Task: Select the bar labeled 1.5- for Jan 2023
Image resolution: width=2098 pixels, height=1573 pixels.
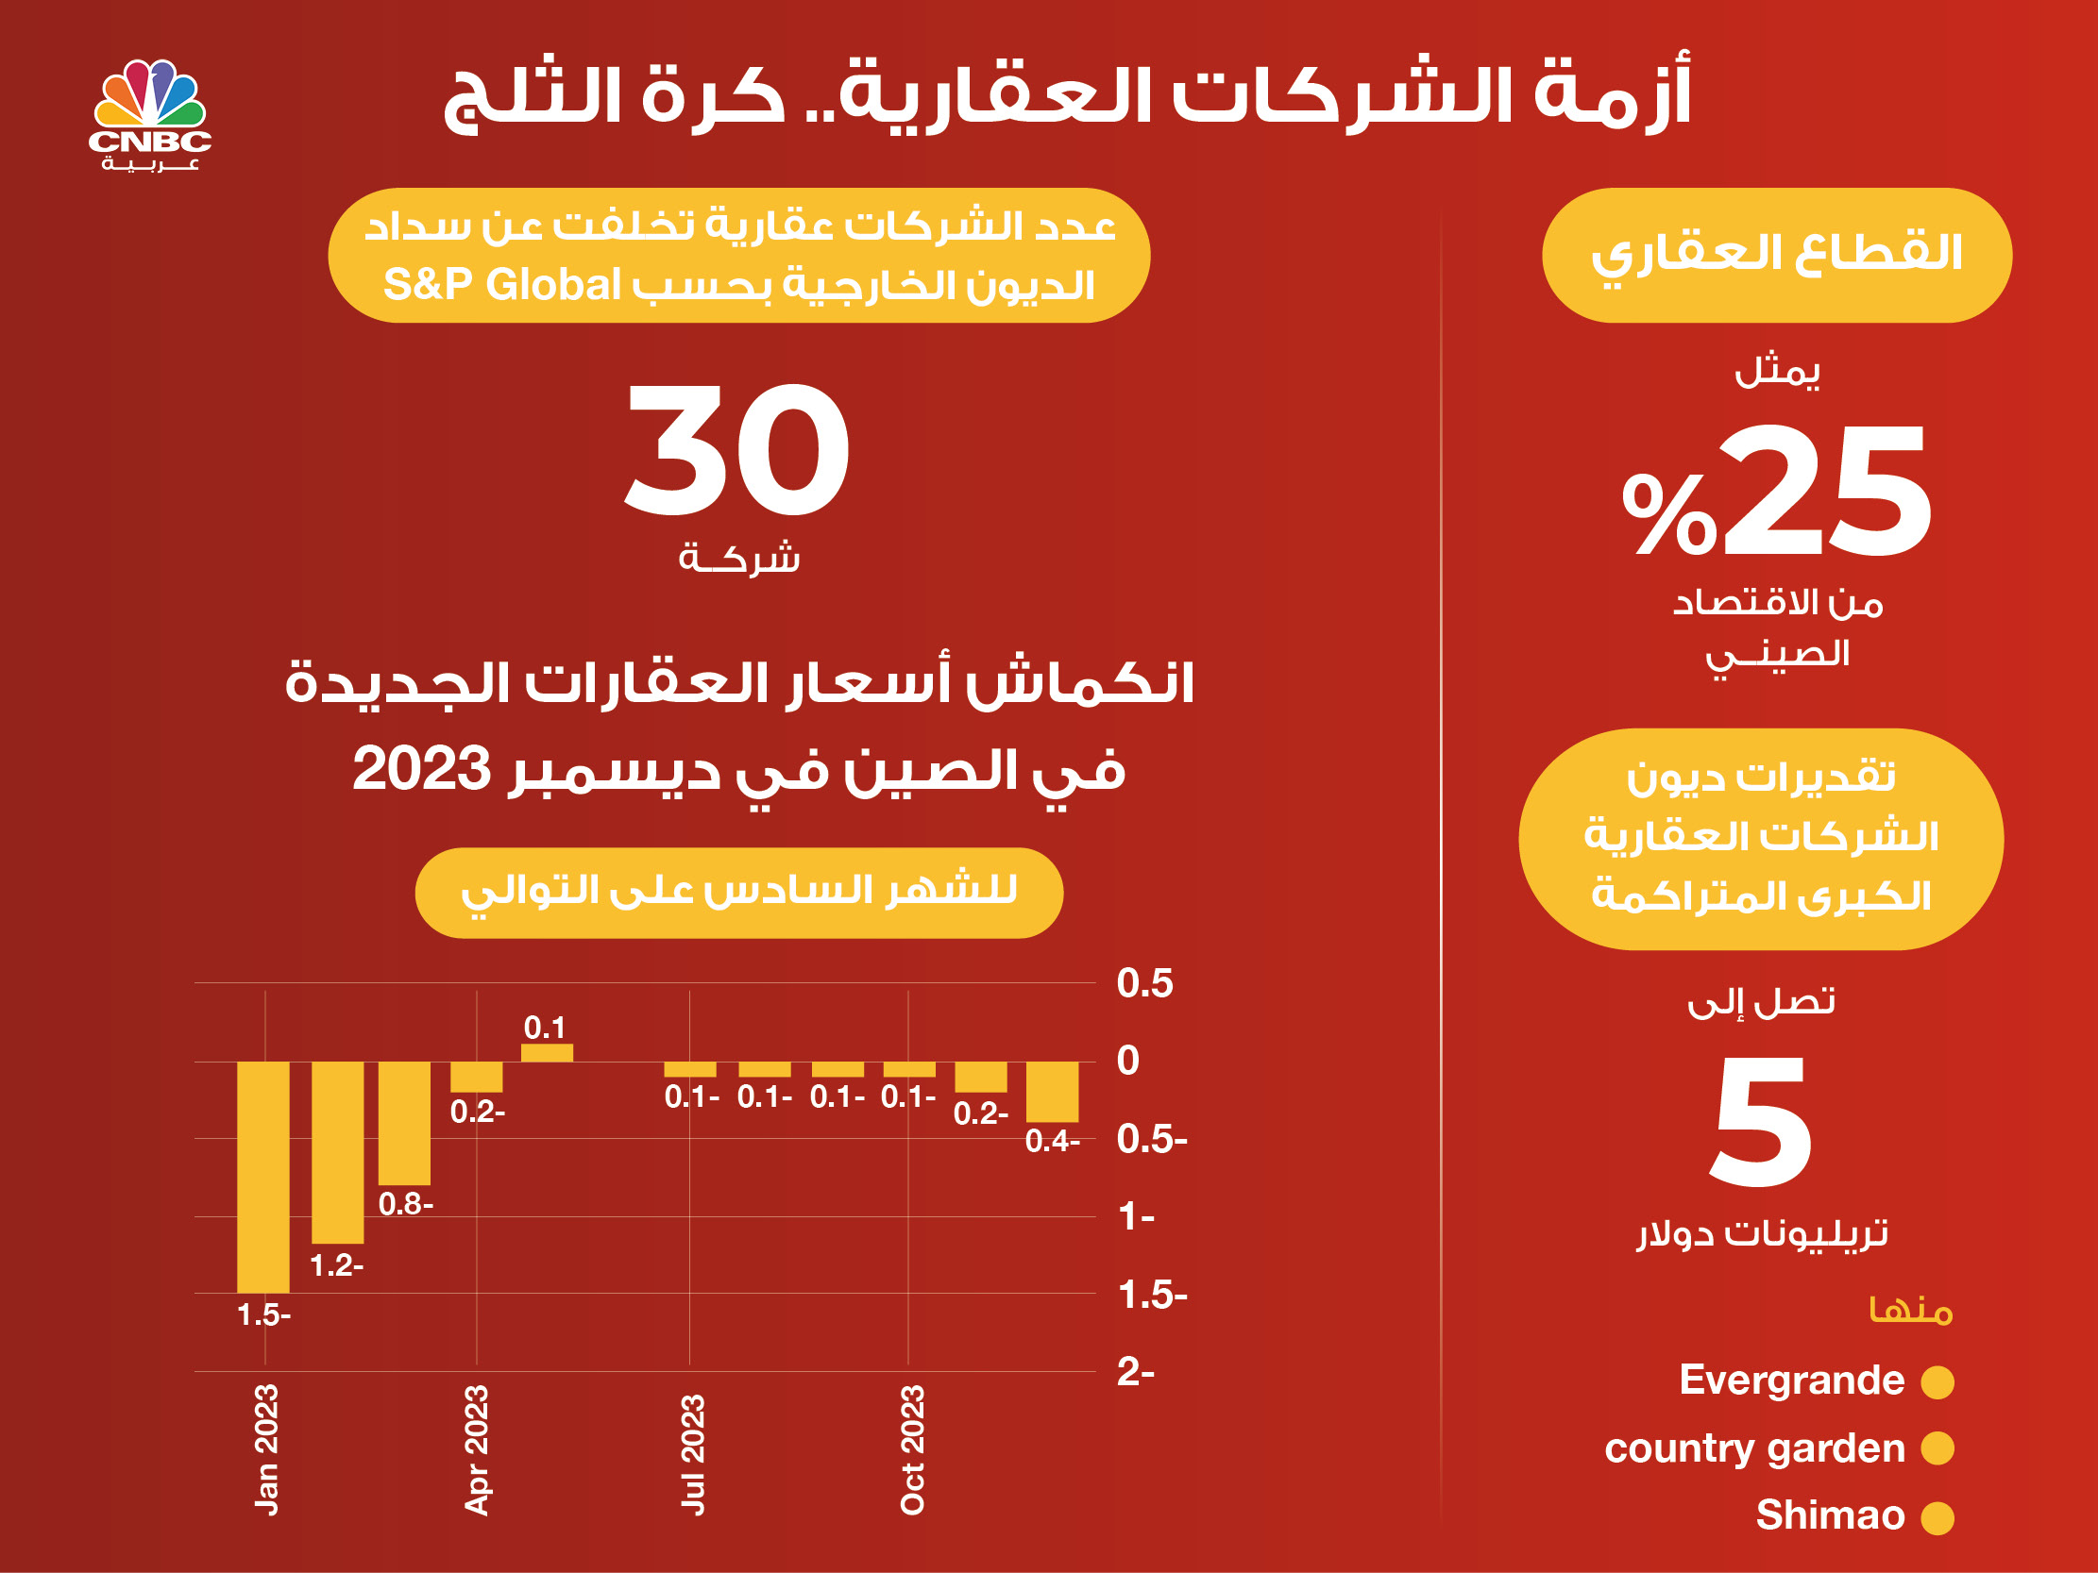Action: pyautogui.click(x=262, y=1177)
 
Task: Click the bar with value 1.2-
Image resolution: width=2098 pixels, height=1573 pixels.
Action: pyautogui.click(x=338, y=1152)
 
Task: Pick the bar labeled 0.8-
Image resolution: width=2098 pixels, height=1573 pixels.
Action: pyautogui.click(x=404, y=1123)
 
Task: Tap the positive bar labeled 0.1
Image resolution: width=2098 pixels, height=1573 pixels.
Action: pyautogui.click(x=548, y=1052)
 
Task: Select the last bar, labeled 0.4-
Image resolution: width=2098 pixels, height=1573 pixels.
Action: pyautogui.click(x=1052, y=1092)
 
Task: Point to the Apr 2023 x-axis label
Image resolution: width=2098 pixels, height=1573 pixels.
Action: pyautogui.click(x=476, y=1450)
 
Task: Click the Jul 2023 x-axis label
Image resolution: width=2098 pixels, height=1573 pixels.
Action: pyautogui.click(x=692, y=1455)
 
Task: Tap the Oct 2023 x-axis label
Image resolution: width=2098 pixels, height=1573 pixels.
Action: pyautogui.click(x=911, y=1450)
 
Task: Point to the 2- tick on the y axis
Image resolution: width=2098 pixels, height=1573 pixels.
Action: pyautogui.click(x=1135, y=1372)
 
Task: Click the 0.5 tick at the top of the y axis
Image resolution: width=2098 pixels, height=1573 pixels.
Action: pyautogui.click(x=1144, y=983)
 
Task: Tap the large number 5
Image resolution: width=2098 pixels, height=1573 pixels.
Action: pyautogui.click(x=1760, y=1123)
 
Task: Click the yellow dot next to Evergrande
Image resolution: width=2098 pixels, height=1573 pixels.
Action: pyautogui.click(x=1937, y=1381)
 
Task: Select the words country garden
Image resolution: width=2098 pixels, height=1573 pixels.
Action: pyautogui.click(x=1754, y=1448)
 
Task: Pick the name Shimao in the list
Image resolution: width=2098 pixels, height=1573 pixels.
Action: pyautogui.click(x=1830, y=1515)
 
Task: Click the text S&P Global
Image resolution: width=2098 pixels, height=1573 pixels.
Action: pyautogui.click(x=501, y=284)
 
